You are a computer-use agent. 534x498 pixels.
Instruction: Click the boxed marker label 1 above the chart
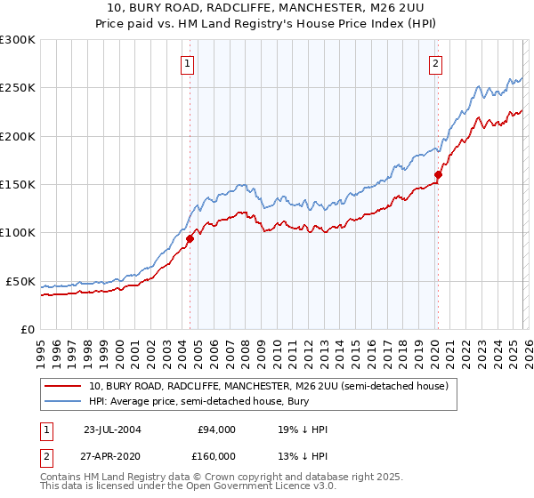pos(189,63)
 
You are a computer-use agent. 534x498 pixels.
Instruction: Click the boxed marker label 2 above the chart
pos(436,63)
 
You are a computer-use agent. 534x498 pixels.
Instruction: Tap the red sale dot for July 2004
pos(190,238)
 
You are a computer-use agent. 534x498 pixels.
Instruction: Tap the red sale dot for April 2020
pos(438,174)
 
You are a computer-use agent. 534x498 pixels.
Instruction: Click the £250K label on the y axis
pos(18,88)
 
